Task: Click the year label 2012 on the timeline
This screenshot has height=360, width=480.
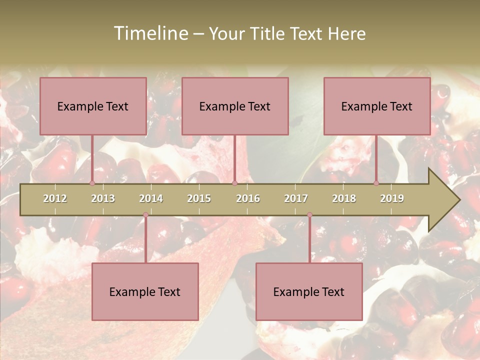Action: pos(55,198)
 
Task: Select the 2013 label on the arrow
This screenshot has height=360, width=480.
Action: pos(103,198)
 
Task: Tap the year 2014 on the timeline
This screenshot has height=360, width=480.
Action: pos(151,198)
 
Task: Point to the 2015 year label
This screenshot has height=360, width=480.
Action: pos(199,198)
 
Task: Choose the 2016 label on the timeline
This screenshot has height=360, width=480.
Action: pos(248,198)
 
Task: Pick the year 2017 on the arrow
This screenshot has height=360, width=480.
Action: pos(296,198)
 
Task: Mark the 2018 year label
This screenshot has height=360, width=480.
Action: pos(344,198)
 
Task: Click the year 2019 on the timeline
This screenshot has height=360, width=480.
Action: pos(392,198)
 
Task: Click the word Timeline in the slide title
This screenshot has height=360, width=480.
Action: pos(150,33)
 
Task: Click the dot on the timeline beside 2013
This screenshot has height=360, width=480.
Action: pos(92,183)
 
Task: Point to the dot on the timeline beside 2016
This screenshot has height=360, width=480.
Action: pos(234,183)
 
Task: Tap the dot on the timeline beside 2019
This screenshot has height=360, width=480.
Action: pos(376,183)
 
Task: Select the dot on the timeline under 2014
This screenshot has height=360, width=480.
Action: pos(145,215)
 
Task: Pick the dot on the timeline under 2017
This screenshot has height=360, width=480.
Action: pos(309,215)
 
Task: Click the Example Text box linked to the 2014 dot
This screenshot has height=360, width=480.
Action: pos(145,291)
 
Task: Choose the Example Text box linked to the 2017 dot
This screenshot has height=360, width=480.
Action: pos(309,291)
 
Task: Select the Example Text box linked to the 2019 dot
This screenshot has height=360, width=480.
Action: pos(377,106)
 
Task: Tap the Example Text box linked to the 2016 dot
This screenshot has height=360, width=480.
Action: pos(235,106)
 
